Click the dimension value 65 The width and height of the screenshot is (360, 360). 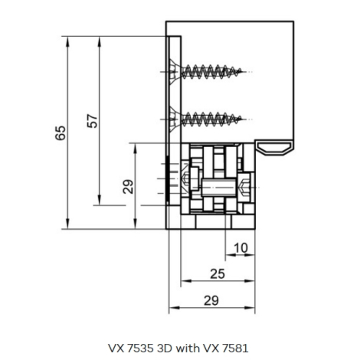click(61, 133)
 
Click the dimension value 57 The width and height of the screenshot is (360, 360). click(93, 121)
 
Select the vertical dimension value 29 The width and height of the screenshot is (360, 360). click(128, 187)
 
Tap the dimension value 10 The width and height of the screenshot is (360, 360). click(241, 247)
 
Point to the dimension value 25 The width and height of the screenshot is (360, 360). click(218, 274)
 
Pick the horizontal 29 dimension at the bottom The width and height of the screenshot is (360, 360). click(211, 300)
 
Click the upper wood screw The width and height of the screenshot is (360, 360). click(205, 72)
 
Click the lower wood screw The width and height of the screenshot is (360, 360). click(205, 119)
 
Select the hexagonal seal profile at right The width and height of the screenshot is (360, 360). click(274, 149)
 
